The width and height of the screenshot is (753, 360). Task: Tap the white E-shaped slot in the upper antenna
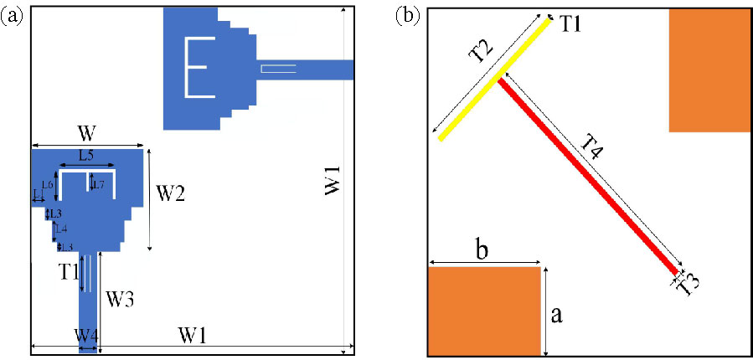(191, 66)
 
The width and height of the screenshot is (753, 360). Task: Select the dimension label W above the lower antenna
(85, 134)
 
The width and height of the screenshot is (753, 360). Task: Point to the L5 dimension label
(87, 156)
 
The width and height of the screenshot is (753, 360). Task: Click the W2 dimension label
(171, 195)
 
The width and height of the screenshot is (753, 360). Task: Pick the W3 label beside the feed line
(121, 298)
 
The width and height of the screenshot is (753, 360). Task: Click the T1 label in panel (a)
(69, 271)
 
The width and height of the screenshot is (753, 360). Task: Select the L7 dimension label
(98, 184)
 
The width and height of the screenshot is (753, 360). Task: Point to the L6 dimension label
(48, 184)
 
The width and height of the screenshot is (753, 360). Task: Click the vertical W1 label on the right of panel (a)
(332, 181)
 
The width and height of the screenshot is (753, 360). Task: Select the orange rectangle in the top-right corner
(709, 70)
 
